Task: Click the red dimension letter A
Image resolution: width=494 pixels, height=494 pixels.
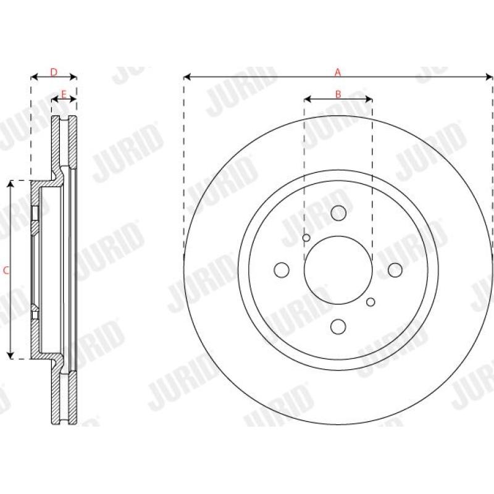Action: click(x=338, y=72)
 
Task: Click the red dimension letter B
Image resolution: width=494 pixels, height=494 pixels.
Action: click(x=338, y=94)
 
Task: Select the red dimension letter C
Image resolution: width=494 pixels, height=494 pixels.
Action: click(x=6, y=270)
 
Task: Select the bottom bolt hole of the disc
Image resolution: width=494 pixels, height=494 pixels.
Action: click(x=338, y=326)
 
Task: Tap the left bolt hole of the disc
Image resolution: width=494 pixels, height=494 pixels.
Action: click(x=282, y=270)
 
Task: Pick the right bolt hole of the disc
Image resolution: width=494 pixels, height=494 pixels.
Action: click(x=395, y=270)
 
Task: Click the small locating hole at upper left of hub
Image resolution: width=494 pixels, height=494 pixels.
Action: click(x=306, y=238)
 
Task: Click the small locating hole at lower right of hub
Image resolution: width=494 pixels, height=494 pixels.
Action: click(x=371, y=302)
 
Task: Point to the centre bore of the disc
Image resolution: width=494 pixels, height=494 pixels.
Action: click(x=338, y=270)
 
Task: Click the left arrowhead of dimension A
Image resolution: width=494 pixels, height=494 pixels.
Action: click(x=186, y=77)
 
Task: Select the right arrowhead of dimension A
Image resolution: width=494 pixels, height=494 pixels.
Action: click(x=490, y=77)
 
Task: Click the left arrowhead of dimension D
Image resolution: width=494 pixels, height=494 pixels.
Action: click(x=33, y=77)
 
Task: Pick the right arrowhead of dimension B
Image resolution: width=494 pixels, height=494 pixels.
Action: click(x=369, y=99)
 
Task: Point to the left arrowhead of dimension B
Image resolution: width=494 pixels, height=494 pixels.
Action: click(x=307, y=99)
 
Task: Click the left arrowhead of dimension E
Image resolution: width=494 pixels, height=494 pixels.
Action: click(x=54, y=99)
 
